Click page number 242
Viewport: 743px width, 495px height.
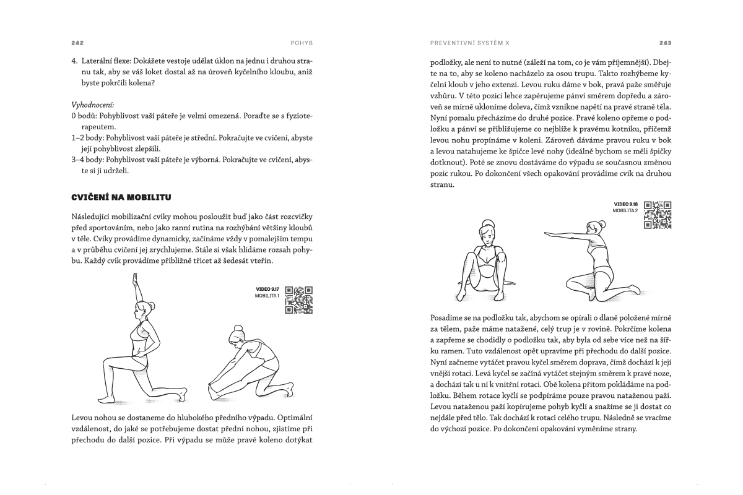[77, 44]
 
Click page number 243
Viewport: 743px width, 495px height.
[665, 44]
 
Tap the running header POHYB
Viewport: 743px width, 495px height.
[302, 44]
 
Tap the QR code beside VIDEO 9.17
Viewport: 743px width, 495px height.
[299, 299]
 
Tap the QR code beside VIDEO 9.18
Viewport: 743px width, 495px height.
[658, 215]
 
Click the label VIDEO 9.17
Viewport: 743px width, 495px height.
[267, 289]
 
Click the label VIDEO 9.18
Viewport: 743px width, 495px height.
[625, 204]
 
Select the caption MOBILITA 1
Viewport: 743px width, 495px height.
[267, 296]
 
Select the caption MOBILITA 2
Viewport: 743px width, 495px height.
[625, 211]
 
